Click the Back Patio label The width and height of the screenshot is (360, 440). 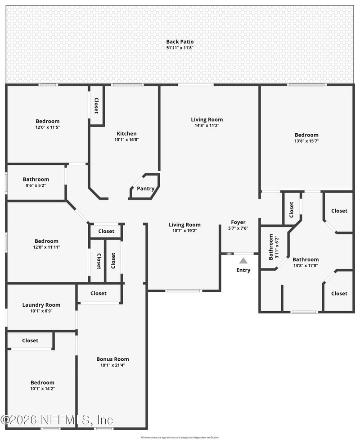point(180,41)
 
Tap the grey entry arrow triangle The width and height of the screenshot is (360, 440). point(243,260)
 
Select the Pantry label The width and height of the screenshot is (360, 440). point(145,189)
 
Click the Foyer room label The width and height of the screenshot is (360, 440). point(238,222)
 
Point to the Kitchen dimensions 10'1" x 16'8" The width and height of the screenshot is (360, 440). point(126,140)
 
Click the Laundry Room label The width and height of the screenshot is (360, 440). point(41,305)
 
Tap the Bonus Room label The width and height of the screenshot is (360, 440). point(112,359)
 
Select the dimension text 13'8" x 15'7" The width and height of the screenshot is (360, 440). point(306,141)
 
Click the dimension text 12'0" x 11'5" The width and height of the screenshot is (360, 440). point(48,127)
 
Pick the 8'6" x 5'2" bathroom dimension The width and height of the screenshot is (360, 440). point(36,185)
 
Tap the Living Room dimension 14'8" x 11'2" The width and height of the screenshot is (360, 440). point(207,126)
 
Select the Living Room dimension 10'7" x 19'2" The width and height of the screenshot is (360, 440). point(184,231)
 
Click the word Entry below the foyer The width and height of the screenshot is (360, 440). point(243,270)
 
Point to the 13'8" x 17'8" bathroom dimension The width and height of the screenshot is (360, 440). point(306,265)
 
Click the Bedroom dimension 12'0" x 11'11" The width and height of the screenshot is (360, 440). point(47,247)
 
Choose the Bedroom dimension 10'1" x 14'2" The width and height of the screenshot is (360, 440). point(42,388)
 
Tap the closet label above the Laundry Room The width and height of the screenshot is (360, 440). point(99,293)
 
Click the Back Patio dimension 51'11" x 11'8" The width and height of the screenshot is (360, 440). point(180,48)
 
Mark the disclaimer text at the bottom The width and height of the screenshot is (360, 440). point(180,437)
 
